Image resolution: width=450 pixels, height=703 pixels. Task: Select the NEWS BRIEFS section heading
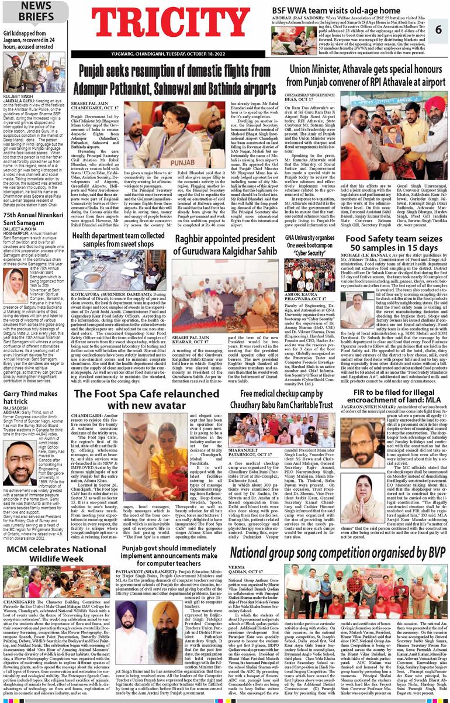36,11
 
